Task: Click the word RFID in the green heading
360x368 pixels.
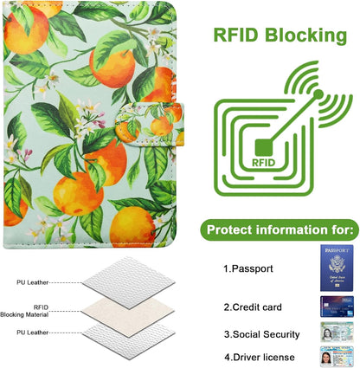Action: (x=235, y=35)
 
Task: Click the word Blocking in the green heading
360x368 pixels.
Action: (x=305, y=36)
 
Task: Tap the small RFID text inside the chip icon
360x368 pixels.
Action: (x=263, y=163)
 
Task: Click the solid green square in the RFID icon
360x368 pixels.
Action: (x=264, y=147)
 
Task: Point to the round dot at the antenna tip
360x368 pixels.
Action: (x=318, y=94)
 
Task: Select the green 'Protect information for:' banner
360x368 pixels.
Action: (x=280, y=230)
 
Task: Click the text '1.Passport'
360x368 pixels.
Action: (x=248, y=268)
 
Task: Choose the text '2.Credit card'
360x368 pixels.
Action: (x=253, y=307)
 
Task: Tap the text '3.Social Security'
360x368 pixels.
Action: (x=262, y=334)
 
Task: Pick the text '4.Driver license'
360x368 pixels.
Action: (x=260, y=358)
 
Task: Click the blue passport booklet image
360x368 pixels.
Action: (x=337, y=268)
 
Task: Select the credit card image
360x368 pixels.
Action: (x=337, y=307)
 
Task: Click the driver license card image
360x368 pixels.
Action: (x=337, y=357)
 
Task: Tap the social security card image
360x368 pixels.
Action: (x=337, y=332)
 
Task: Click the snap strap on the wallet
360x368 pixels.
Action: (x=150, y=124)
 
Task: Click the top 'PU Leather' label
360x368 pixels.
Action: (x=32, y=282)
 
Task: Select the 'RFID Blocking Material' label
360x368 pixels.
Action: (x=24, y=311)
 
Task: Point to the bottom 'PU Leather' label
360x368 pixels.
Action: (x=32, y=332)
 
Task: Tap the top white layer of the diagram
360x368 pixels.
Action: (x=129, y=282)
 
